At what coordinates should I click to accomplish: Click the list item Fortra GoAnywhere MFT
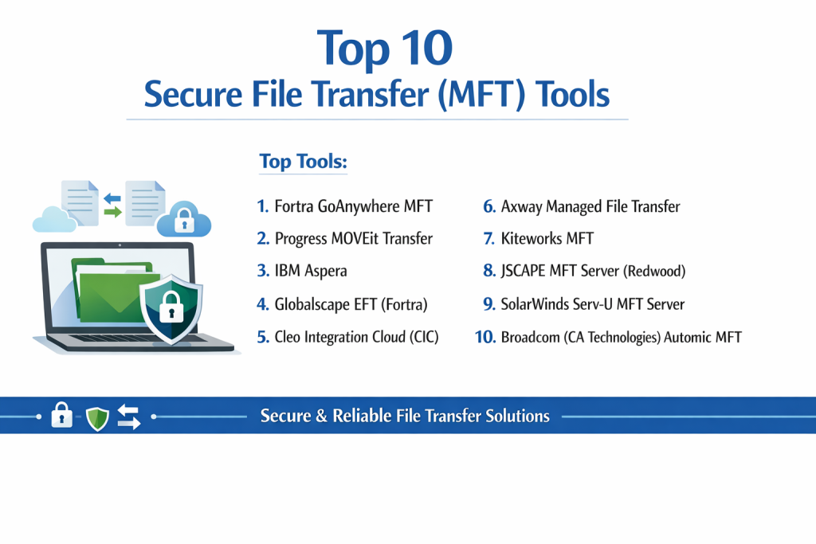pyautogui.click(x=353, y=206)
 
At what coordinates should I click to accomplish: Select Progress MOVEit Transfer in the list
pyautogui.click(x=353, y=239)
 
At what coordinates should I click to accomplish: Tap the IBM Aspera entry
pyautogui.click(x=311, y=271)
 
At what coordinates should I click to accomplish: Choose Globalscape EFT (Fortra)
pyautogui.click(x=351, y=303)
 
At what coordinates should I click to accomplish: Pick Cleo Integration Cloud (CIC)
pyautogui.click(x=356, y=337)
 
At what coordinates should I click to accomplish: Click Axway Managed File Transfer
pyautogui.click(x=590, y=206)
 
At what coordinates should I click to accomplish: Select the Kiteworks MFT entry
pyautogui.click(x=547, y=239)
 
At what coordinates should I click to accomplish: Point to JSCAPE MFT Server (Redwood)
pyautogui.click(x=593, y=271)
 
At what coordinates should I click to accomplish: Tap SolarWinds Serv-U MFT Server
pyautogui.click(x=592, y=303)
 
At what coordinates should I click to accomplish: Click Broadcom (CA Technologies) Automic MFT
pyautogui.click(x=621, y=337)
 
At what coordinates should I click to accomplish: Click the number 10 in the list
pyautogui.click(x=485, y=337)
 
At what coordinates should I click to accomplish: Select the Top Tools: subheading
pyautogui.click(x=304, y=162)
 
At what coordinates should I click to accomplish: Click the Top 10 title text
pyautogui.click(x=385, y=49)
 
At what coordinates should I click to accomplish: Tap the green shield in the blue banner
pyautogui.click(x=97, y=419)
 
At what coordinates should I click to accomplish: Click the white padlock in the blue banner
pyautogui.click(x=61, y=415)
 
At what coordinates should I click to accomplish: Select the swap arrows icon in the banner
pyautogui.click(x=128, y=417)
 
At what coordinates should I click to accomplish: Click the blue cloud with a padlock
pyautogui.click(x=184, y=219)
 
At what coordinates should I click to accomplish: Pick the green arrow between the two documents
pyautogui.click(x=113, y=212)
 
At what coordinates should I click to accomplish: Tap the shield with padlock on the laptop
pyautogui.click(x=171, y=309)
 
